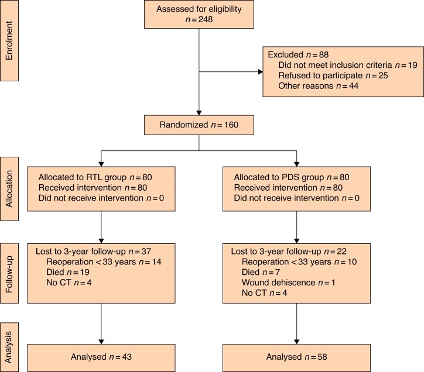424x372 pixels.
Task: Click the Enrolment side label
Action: coord(9,40)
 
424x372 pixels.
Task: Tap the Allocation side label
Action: coord(9,189)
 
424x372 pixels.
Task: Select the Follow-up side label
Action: coord(9,273)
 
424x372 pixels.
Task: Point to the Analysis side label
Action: coord(9,347)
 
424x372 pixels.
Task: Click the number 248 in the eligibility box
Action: coord(205,19)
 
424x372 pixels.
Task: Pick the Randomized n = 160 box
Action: coord(199,125)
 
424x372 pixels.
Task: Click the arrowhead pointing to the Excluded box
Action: coord(261,72)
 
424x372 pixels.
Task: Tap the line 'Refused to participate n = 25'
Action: coord(333,75)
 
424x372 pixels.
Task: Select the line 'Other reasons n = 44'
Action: coord(318,86)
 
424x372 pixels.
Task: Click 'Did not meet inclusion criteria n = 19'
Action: coord(348,65)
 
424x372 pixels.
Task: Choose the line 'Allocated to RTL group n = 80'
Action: coord(95,177)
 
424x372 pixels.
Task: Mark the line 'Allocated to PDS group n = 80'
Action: coord(292,177)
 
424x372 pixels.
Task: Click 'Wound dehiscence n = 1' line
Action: coord(288,283)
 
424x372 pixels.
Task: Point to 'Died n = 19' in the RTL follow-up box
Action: coord(68,272)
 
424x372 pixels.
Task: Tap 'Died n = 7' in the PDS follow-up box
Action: coord(261,272)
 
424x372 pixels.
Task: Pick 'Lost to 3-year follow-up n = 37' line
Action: coord(93,252)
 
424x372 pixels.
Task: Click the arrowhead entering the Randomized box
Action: coord(199,113)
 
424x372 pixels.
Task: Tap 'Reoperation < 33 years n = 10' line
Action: coord(299,262)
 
